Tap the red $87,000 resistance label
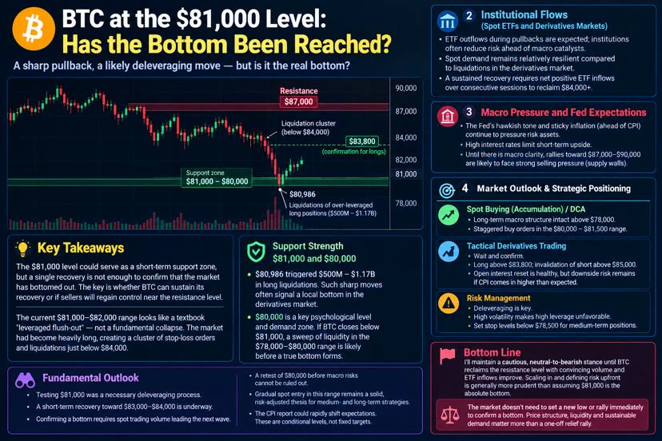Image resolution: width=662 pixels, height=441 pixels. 298,101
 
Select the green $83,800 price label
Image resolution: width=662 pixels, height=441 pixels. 362,141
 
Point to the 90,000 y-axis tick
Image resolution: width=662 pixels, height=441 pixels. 406,88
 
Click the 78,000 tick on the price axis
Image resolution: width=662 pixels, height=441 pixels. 406,203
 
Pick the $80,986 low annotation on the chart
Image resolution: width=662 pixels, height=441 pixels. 302,194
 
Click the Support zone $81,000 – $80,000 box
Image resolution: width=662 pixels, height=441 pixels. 217,177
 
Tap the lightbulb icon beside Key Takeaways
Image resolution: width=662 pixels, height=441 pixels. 23,248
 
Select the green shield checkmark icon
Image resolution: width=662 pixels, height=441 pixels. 257,252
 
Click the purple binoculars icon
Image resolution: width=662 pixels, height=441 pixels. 25,380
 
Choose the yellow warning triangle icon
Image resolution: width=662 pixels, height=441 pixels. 449,303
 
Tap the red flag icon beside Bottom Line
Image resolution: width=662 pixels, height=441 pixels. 447,356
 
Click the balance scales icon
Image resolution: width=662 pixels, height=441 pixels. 449,415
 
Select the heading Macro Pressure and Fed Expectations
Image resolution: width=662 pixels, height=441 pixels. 563,113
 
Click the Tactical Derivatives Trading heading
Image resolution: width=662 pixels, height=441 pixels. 516,245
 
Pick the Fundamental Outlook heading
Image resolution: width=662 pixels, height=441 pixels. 90,378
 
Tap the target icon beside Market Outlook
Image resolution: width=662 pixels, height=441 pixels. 447,191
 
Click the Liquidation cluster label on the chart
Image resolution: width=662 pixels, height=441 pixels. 308,128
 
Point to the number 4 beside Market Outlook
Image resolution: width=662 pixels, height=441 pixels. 465,189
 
